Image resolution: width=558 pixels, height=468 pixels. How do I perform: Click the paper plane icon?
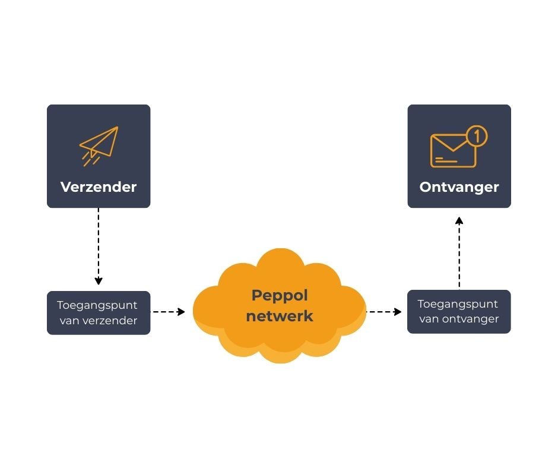pos(101,143)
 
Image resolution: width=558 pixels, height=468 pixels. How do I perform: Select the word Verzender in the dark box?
pos(99,187)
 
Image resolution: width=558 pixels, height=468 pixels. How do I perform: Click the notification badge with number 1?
pos(476,136)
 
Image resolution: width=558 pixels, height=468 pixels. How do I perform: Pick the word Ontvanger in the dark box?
pos(459,187)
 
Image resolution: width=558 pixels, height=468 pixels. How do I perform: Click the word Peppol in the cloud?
pos(280,295)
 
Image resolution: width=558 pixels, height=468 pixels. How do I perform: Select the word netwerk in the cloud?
pos(280,317)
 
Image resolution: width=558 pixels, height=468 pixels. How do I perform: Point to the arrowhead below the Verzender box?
pos(99,280)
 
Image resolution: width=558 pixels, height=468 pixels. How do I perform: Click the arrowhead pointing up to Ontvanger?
pos(459,220)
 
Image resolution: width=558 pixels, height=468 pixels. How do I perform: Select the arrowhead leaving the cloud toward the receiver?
pos(398,312)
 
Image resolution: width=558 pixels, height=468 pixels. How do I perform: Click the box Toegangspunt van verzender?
pos(99,312)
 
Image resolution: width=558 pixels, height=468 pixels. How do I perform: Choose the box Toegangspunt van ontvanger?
pos(459,311)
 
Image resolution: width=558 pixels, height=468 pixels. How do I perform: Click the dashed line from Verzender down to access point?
pos(99,244)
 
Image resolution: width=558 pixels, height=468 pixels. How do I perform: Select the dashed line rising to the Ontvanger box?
pos(459,255)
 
